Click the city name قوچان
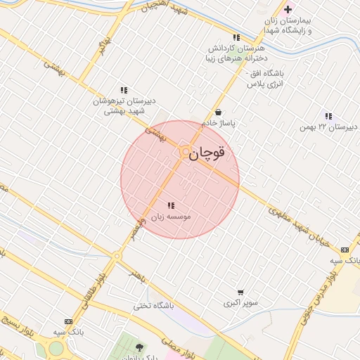209,152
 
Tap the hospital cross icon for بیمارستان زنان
288,9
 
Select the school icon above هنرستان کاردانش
236,37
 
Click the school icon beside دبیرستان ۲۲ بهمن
328,116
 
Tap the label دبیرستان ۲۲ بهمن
328,127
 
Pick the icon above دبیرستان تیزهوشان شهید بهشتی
124,90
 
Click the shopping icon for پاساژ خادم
219,112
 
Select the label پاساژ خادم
219,123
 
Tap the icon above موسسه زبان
171,206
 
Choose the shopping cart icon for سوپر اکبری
240,292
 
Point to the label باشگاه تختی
154,307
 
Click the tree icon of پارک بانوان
139,347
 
